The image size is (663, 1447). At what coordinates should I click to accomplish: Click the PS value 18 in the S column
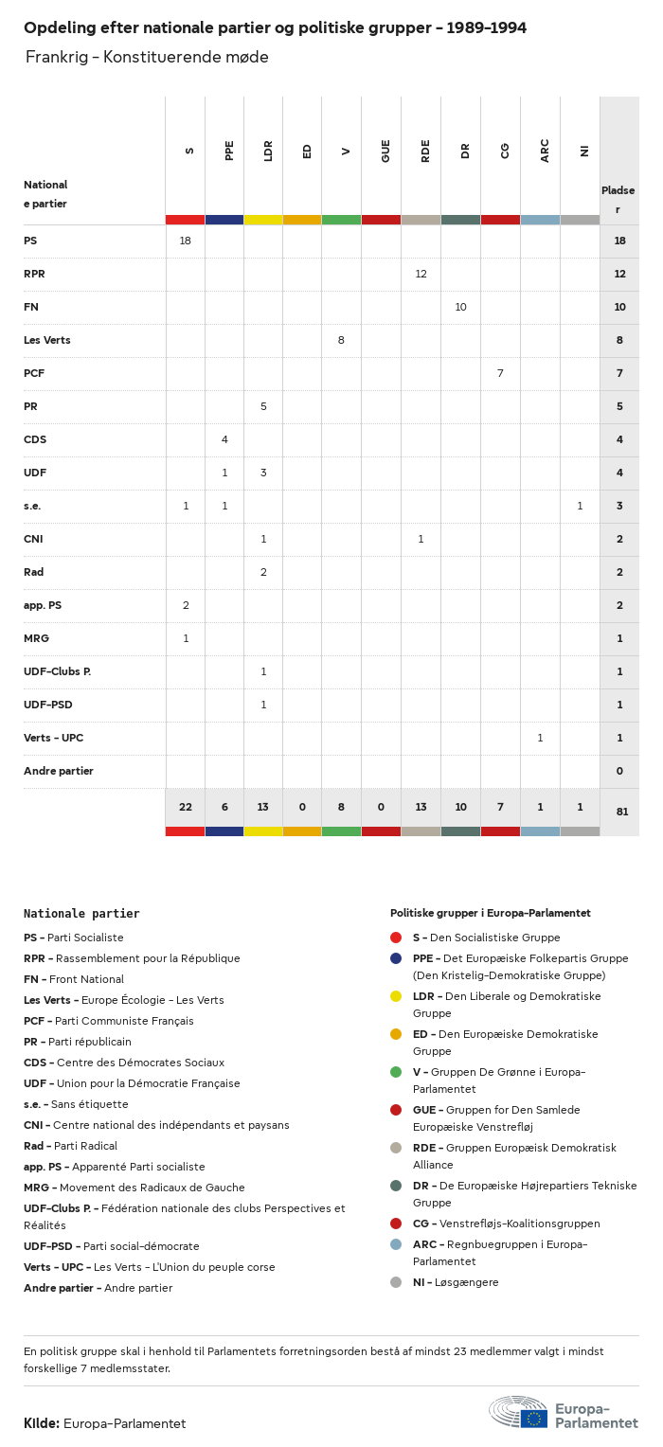[186, 241]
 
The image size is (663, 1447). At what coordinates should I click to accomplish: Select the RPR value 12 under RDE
[421, 275]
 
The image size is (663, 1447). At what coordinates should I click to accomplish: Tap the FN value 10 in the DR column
[461, 308]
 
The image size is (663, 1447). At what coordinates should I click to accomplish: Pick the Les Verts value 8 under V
[341, 341]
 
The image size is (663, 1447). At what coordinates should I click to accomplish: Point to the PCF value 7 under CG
[500, 374]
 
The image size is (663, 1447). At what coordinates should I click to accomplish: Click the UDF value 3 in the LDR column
[263, 473]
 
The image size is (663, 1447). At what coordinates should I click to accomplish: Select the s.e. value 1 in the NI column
[580, 507]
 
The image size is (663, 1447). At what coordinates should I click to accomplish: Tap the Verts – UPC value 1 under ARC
[540, 739]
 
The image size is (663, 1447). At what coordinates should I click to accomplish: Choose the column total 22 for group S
[186, 808]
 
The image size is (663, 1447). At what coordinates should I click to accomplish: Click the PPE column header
[229, 151]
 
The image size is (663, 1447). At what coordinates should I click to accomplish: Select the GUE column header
[385, 151]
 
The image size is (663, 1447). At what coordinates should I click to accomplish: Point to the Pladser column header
[618, 199]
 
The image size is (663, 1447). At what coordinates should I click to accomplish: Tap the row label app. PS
[43, 606]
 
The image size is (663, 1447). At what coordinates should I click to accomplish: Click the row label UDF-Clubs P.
[57, 672]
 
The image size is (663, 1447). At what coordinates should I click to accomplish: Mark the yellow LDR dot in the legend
[396, 996]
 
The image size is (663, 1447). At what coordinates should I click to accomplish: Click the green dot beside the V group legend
[396, 1072]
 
